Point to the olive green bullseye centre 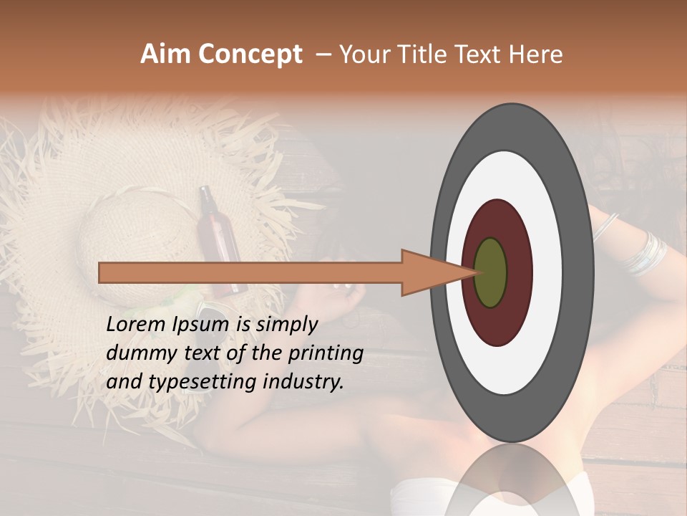tap(491, 272)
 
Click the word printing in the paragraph tap(326, 353)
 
